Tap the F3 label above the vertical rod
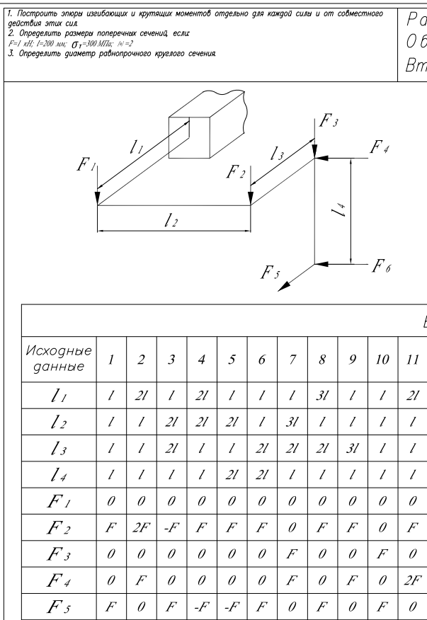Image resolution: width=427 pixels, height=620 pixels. [328, 122]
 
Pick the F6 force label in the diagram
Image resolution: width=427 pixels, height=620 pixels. [385, 269]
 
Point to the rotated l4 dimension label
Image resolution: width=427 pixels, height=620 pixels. [341, 209]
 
